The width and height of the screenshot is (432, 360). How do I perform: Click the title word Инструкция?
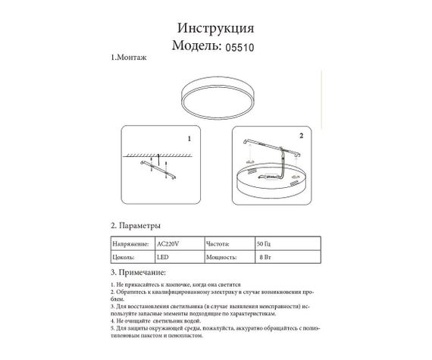(215, 29)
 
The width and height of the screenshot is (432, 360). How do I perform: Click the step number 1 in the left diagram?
(189, 139)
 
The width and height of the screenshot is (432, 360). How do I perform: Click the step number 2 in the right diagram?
(301, 136)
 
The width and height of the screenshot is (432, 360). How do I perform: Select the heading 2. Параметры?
(136, 226)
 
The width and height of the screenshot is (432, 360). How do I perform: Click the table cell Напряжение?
(128, 245)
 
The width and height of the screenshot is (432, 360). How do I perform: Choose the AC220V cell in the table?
(169, 245)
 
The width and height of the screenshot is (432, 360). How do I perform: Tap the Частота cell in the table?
(221, 245)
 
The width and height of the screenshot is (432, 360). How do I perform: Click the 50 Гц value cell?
(265, 245)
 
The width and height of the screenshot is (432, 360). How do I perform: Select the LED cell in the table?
(164, 258)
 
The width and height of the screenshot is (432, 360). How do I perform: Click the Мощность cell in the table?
(222, 258)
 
